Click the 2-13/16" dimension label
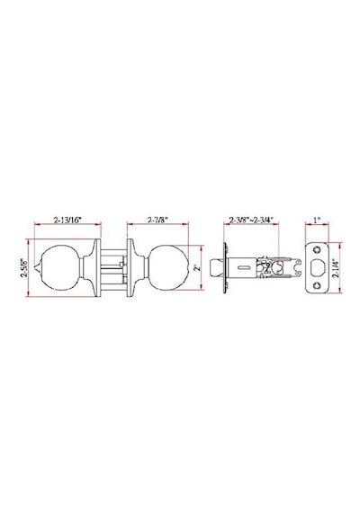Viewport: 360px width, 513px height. pos(67,220)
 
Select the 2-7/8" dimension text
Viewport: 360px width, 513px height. pos(157,220)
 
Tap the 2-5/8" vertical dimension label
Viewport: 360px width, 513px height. pos(23,268)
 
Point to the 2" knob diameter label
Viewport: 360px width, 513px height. pos(197,267)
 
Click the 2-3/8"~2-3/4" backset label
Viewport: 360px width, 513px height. pos(251,220)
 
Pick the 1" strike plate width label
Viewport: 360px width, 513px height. pos(317,220)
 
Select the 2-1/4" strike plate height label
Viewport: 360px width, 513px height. pos(336,268)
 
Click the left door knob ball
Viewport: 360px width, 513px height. pos(61,267)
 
